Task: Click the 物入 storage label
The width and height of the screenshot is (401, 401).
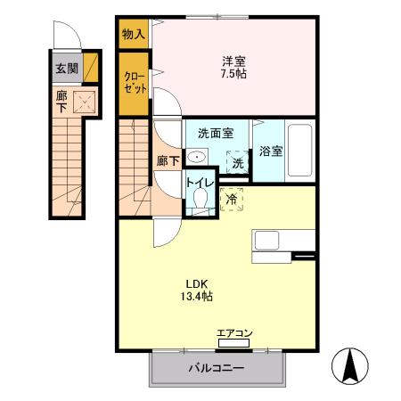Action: pyautogui.click(x=133, y=34)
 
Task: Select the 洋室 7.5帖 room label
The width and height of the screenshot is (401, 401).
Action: pyautogui.click(x=234, y=67)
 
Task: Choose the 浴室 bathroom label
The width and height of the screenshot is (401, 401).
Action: pyautogui.click(x=272, y=151)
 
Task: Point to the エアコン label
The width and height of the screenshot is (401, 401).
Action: pyautogui.click(x=234, y=335)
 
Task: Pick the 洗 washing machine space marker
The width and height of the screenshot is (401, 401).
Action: pyautogui.click(x=237, y=163)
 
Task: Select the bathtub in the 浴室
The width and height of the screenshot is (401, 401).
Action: pyautogui.click(x=300, y=151)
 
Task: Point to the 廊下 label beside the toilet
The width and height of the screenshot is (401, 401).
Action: pyautogui.click(x=168, y=161)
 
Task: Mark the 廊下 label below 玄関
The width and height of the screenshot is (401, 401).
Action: pyautogui.click(x=61, y=100)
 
